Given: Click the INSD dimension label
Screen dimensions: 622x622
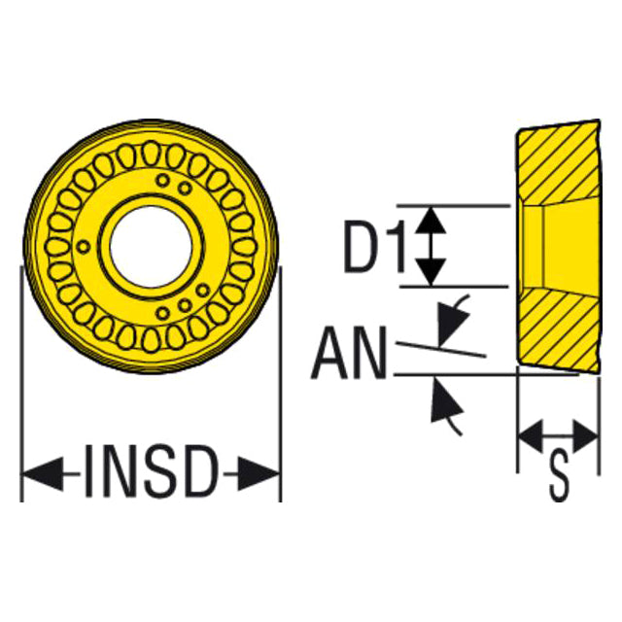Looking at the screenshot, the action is [x=152, y=471].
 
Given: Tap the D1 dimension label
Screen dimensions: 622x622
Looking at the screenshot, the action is [x=375, y=246].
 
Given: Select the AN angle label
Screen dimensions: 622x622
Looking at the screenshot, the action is [x=349, y=353].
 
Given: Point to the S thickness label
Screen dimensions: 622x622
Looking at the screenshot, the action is [x=560, y=476].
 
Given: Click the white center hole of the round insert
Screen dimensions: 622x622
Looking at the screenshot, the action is [x=152, y=247].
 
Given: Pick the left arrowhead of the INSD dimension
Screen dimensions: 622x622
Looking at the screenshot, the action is [x=43, y=473].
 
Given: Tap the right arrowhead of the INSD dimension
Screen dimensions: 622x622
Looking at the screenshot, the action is [x=259, y=473].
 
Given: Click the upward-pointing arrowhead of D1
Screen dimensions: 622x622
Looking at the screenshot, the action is [x=432, y=221].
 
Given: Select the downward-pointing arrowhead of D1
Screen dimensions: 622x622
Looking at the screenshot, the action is [x=432, y=272].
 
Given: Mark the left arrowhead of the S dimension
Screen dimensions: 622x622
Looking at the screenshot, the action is [x=531, y=436].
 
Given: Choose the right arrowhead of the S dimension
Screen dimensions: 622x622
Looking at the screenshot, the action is [x=585, y=436].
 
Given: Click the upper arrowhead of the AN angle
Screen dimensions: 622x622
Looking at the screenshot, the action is [x=451, y=325].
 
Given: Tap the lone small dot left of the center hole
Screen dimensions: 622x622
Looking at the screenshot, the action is [x=83, y=247].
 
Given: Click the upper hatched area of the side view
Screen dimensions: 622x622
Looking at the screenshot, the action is [x=559, y=162].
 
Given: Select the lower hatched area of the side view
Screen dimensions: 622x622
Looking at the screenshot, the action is [x=559, y=329].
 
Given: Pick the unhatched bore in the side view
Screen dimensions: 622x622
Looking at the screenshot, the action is [x=560, y=246].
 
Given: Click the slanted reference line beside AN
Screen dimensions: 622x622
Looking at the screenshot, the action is [x=441, y=349].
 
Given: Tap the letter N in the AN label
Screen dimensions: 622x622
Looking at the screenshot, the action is [x=368, y=353].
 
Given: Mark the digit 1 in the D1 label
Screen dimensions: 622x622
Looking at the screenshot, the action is [x=397, y=246].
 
